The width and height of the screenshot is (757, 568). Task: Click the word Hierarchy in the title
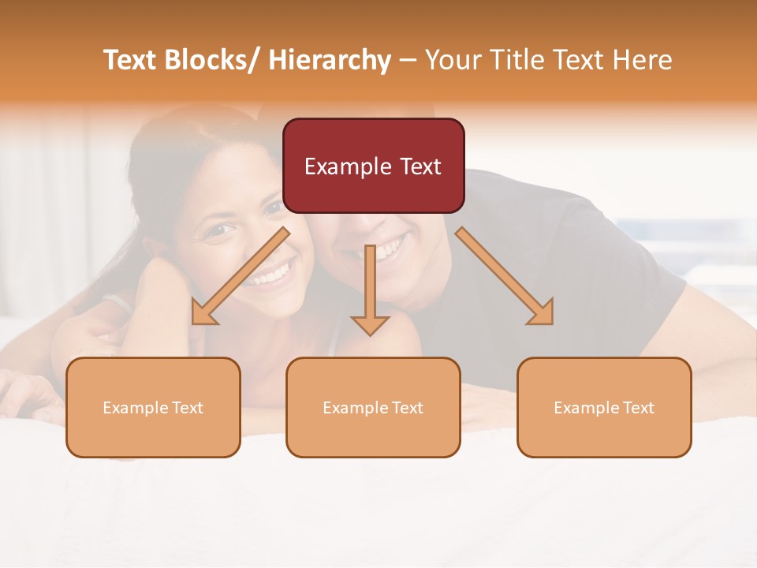[x=329, y=60]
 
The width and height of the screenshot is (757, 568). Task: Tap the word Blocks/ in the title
[x=214, y=60]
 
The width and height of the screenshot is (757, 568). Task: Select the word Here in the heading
[x=643, y=60]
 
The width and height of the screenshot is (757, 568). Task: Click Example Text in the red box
[x=373, y=166]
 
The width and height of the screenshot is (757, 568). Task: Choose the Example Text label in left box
[x=153, y=408]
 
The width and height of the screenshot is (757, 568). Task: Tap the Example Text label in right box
[x=604, y=408]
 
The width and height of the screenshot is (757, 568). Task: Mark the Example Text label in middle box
[x=373, y=408]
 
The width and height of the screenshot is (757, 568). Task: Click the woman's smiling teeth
[x=270, y=275]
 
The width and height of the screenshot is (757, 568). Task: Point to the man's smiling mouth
[x=386, y=248]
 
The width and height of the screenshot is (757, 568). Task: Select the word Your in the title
[x=452, y=60]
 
